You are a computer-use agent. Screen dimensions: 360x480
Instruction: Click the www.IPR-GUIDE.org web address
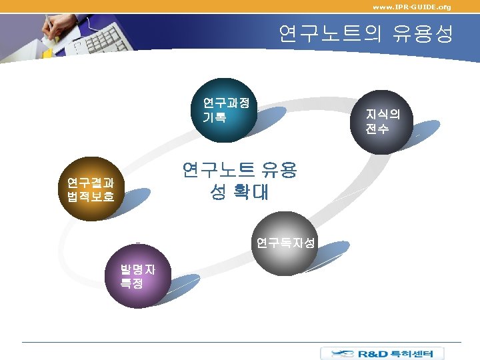(x=411, y=7)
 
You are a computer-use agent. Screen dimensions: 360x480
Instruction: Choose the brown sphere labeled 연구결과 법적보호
(x=91, y=190)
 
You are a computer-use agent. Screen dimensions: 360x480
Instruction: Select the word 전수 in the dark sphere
(x=377, y=129)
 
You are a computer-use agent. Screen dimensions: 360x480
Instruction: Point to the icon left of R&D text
(x=337, y=353)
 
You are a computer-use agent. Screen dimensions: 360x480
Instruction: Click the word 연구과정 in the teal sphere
(x=227, y=103)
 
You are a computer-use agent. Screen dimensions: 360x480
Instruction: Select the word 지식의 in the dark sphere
(x=383, y=114)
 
